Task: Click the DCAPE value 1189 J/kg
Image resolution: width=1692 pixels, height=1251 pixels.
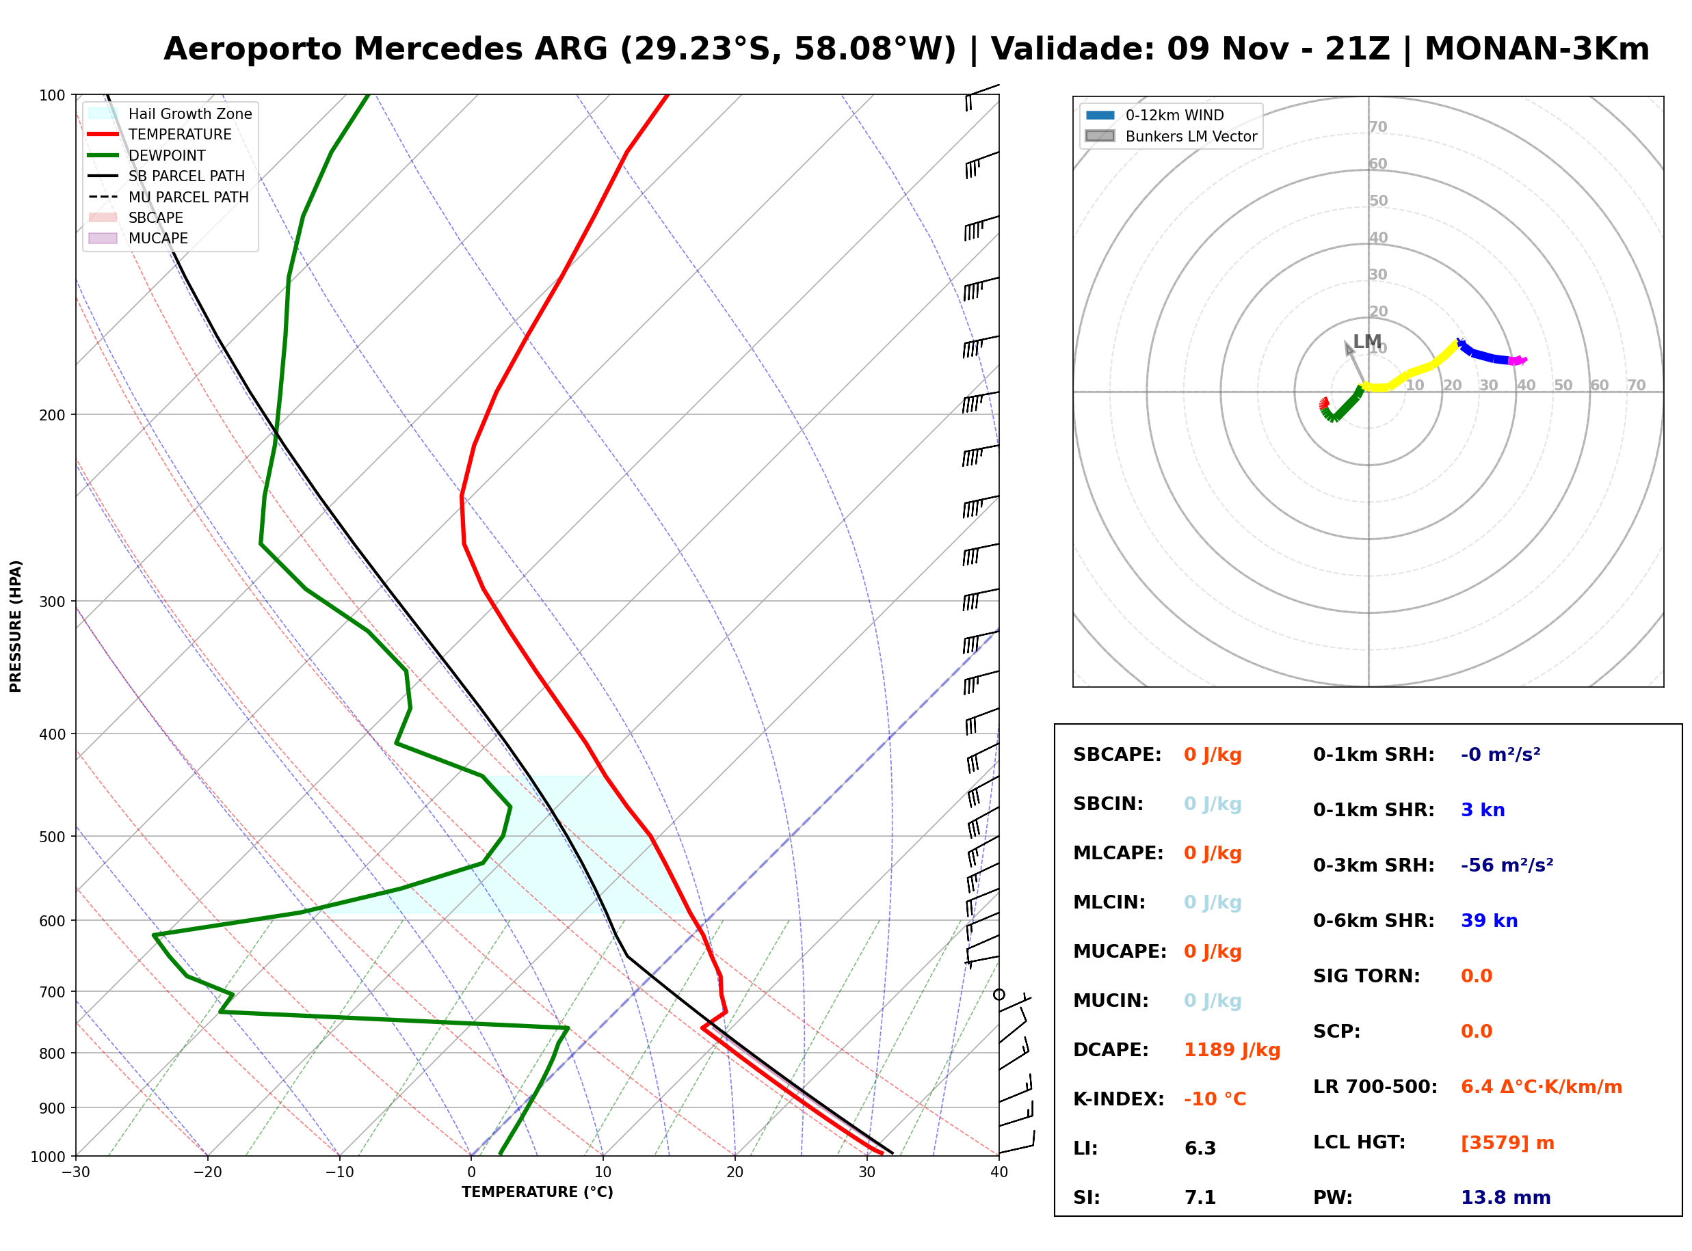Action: [1232, 1050]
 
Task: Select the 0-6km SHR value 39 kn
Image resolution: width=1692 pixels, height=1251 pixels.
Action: [1489, 921]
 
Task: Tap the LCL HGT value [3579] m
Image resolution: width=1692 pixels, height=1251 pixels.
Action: [1507, 1143]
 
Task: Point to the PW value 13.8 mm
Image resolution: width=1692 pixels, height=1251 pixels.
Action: [1506, 1198]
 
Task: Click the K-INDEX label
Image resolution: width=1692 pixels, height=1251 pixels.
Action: [1119, 1099]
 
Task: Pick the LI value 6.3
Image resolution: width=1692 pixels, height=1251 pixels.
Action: [1200, 1148]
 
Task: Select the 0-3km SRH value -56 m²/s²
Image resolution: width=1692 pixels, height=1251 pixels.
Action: [1507, 865]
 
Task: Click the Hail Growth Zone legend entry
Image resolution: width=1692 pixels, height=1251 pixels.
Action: [170, 113]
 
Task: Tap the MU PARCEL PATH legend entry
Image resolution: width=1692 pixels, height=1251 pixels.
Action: [168, 197]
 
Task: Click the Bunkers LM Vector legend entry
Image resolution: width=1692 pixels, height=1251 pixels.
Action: [1171, 136]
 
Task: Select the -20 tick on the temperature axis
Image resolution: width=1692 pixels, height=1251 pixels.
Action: [207, 1172]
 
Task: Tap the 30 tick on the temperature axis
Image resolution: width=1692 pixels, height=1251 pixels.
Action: [867, 1172]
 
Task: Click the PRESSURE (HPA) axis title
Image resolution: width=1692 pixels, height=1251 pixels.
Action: [16, 626]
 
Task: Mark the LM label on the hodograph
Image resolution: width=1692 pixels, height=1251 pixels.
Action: [1367, 342]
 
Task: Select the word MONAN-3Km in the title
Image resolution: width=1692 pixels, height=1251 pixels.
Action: [1537, 49]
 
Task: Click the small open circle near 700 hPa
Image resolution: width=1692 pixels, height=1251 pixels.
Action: [999, 994]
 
